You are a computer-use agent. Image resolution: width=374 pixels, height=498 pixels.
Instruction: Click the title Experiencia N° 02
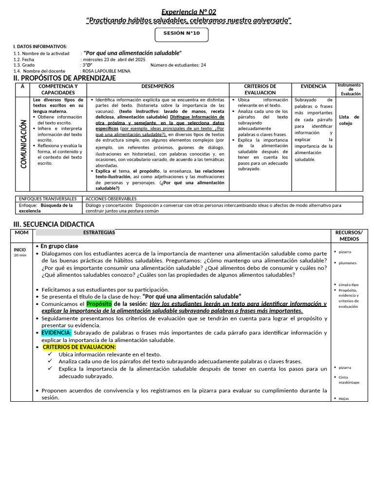(188, 11)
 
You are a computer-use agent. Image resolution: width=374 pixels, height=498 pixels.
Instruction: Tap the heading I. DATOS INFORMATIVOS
(40, 46)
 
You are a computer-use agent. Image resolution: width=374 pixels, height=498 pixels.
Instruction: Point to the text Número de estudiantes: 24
(178, 65)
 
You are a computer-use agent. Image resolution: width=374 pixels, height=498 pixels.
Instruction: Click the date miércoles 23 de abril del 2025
(114, 59)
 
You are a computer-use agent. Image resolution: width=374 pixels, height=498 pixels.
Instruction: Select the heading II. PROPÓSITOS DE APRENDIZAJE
(64, 78)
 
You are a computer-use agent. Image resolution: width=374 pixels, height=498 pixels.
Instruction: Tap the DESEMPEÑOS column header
(157, 86)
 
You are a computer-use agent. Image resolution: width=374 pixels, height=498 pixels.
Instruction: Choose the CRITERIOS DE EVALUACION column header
(260, 89)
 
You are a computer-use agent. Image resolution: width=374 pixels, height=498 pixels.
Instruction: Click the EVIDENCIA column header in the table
(313, 86)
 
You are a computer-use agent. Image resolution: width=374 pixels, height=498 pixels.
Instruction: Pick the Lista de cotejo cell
(349, 120)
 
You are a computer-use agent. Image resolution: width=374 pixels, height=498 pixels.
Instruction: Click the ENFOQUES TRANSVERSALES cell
(48, 198)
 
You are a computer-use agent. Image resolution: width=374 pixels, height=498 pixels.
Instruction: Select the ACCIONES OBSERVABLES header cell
(112, 198)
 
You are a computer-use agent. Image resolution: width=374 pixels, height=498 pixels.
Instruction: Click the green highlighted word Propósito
(99, 303)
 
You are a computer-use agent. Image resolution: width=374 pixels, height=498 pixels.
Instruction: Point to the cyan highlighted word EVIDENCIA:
(56, 333)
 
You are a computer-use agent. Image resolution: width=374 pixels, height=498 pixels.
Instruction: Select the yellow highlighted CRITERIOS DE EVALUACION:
(79, 347)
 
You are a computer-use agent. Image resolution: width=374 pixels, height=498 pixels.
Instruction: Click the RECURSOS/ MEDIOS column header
(349, 235)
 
